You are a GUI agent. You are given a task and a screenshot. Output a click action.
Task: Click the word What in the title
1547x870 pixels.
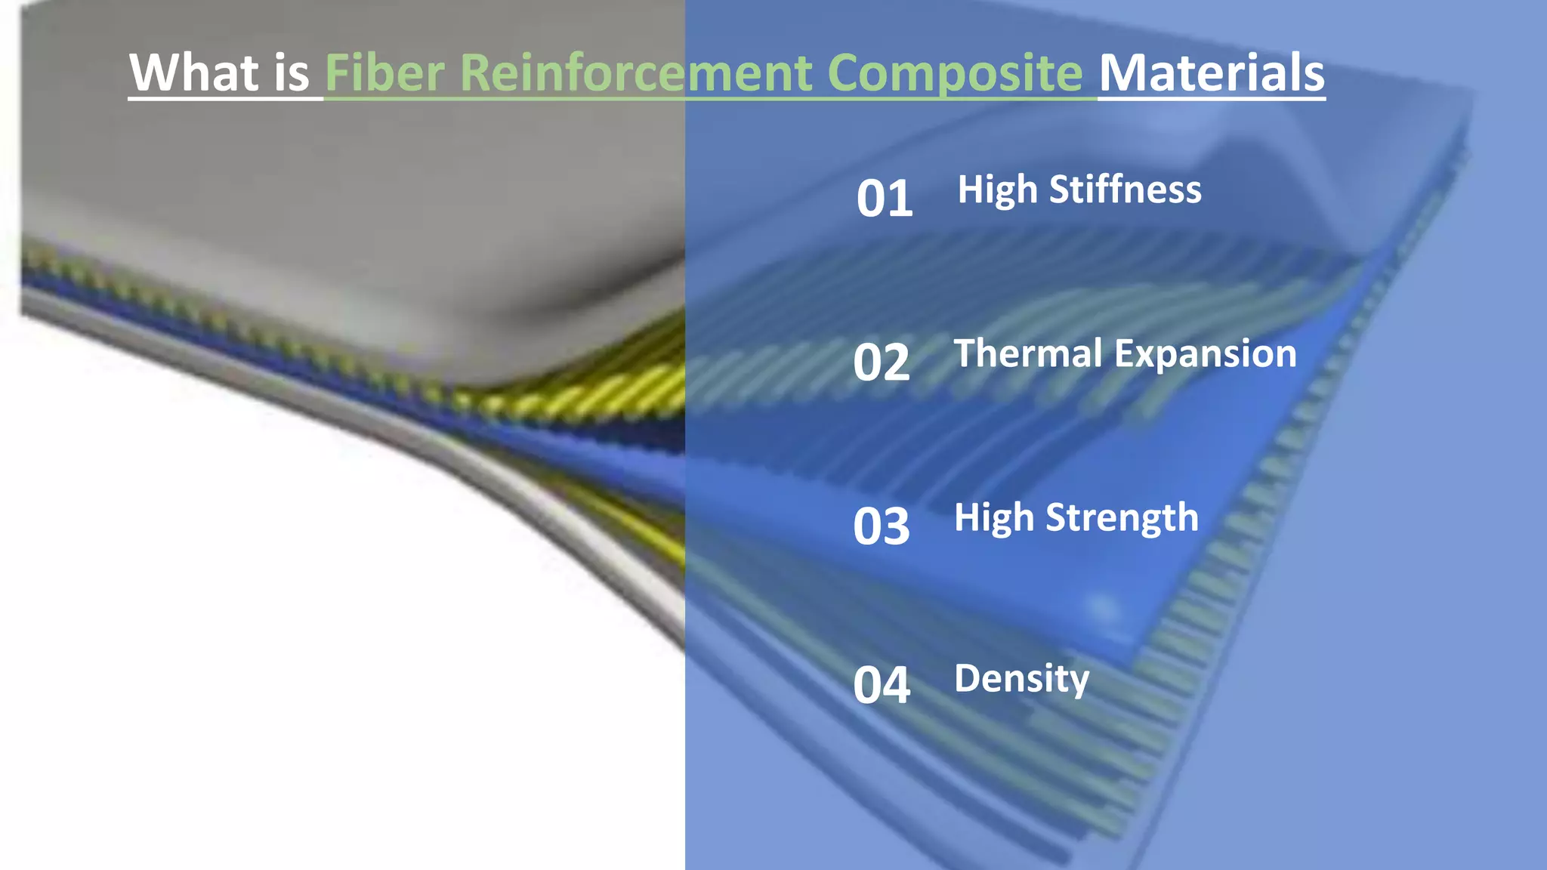click(194, 72)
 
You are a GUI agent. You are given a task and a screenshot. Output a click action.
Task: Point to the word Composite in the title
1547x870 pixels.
click(955, 72)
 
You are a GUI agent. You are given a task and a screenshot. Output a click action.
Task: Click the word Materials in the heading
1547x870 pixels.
click(1212, 72)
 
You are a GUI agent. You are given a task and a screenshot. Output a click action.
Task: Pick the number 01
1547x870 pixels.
click(885, 199)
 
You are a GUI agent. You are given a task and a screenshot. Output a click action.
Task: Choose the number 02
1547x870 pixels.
click(882, 362)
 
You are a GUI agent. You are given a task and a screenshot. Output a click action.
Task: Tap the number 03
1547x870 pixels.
click(882, 526)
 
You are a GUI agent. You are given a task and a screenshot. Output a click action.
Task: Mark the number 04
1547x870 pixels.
click(882, 686)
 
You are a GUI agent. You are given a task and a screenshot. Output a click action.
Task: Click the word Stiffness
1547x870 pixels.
click(1125, 189)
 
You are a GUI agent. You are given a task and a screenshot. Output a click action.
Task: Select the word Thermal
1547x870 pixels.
click(1028, 353)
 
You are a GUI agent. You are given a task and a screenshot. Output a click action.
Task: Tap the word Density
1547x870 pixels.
click(1021, 678)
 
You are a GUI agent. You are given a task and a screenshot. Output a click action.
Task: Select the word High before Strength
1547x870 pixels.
click(993, 519)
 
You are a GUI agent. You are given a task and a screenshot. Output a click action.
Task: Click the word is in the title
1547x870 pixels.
click(292, 72)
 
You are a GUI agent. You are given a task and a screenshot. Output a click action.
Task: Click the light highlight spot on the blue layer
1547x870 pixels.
click(1103, 608)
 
